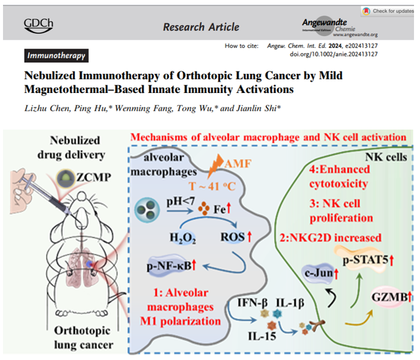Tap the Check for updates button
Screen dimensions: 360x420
388,11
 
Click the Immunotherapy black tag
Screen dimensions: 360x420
56,56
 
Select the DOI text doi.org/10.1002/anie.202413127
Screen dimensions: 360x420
342,54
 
